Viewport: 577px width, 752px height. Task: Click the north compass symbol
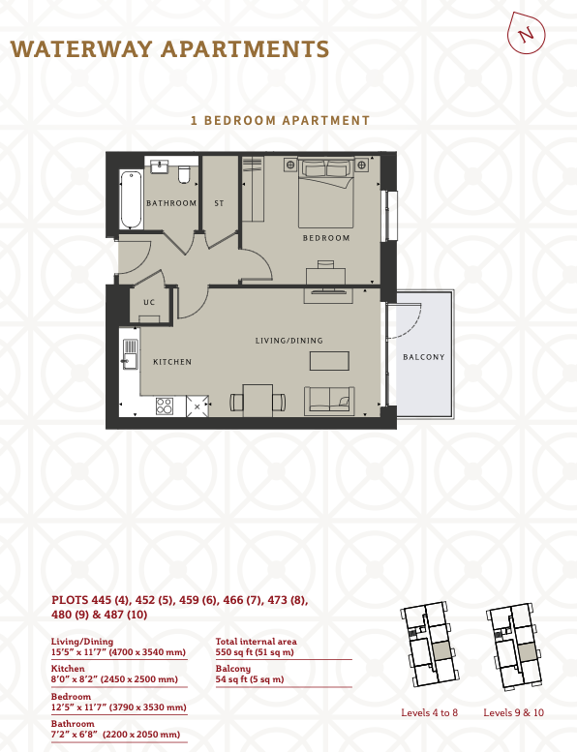pyautogui.click(x=526, y=33)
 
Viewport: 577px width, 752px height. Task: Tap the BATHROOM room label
pyautogui.click(x=171, y=203)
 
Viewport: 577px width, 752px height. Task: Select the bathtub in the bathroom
pyautogui.click(x=131, y=199)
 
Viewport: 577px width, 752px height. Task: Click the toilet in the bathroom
pyautogui.click(x=184, y=174)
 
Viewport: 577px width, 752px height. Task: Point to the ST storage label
pyautogui.click(x=219, y=203)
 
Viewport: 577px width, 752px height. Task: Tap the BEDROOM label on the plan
pyautogui.click(x=326, y=238)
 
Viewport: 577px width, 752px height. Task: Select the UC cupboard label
pyautogui.click(x=149, y=302)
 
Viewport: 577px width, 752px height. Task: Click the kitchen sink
pyautogui.click(x=130, y=354)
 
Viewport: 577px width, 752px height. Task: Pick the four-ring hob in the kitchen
pyautogui.click(x=164, y=406)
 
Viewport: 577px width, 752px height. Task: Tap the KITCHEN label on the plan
pyautogui.click(x=172, y=362)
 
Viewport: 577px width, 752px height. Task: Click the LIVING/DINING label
pyautogui.click(x=289, y=341)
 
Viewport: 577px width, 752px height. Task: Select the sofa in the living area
pyautogui.click(x=329, y=400)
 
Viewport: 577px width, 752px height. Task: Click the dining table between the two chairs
pyautogui.click(x=258, y=400)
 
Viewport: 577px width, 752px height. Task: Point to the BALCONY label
pyautogui.click(x=423, y=357)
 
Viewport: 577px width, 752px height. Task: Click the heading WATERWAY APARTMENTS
pyautogui.click(x=169, y=49)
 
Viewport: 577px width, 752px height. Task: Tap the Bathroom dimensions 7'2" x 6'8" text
pyautogui.click(x=115, y=735)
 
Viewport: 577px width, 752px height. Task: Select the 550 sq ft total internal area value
pyautogui.click(x=255, y=652)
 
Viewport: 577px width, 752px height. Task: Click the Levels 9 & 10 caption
pyautogui.click(x=514, y=712)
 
